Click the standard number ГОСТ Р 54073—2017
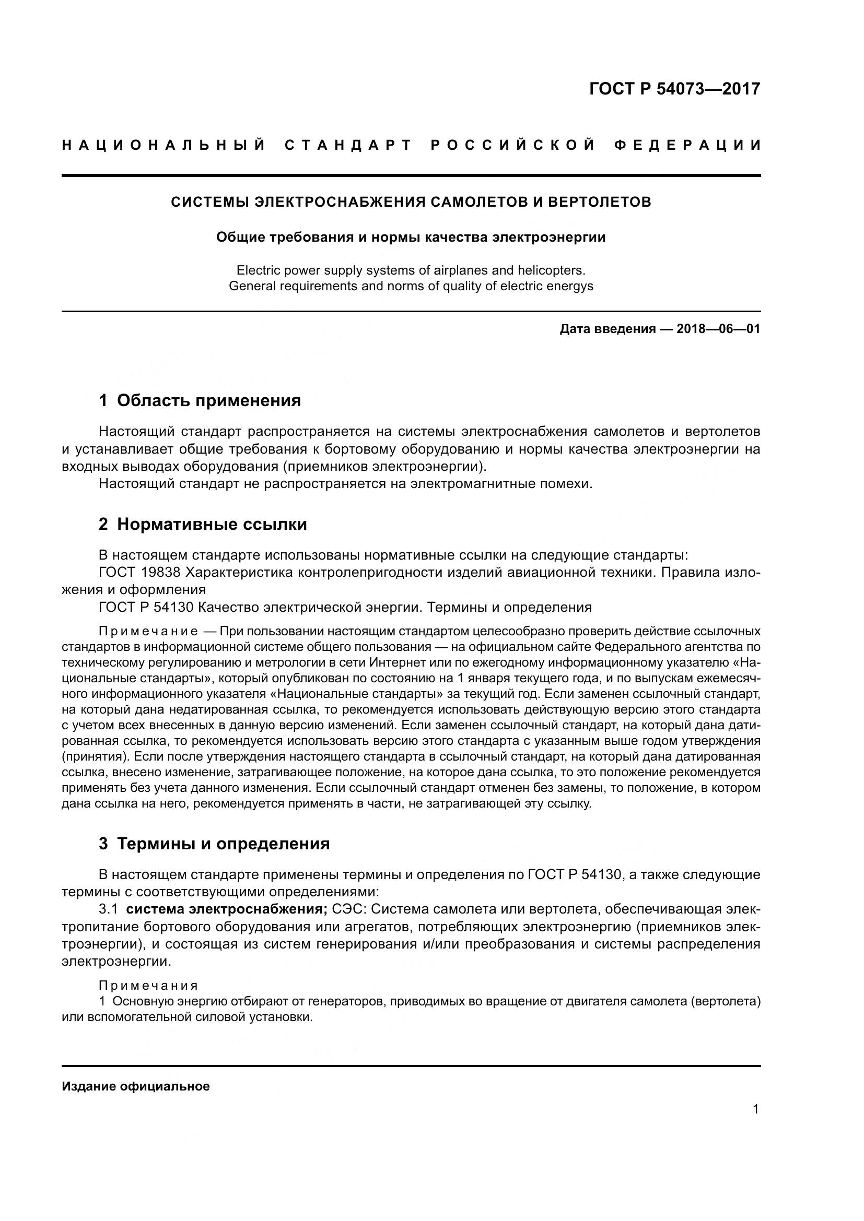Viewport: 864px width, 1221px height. pyautogui.click(x=674, y=89)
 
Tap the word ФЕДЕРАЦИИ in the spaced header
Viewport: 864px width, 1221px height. pyautogui.click(x=687, y=145)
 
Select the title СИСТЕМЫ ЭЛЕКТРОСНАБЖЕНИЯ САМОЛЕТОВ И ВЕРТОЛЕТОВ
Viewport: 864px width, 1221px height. pyautogui.click(x=411, y=202)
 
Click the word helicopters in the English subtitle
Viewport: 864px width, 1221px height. pyautogui.click(x=547, y=270)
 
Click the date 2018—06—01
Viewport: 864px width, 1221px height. pyautogui.click(x=718, y=329)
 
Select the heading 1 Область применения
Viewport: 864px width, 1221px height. pyautogui.click(x=200, y=400)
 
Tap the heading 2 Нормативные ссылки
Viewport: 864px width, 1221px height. pyautogui.click(x=203, y=524)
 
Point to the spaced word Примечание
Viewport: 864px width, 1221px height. pyautogui.click(x=148, y=631)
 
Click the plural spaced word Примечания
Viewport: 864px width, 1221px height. pyautogui.click(x=148, y=986)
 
